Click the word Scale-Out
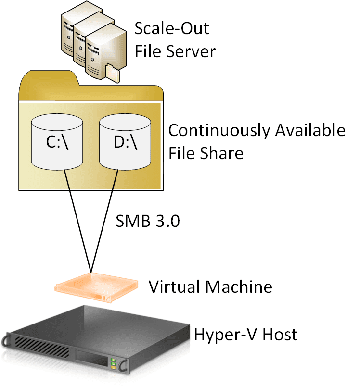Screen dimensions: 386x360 coord(172,28)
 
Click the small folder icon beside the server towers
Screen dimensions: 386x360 coord(112,72)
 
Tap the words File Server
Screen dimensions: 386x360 coord(175,51)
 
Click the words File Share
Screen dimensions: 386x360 coord(206,153)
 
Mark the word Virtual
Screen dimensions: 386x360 coord(175,287)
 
